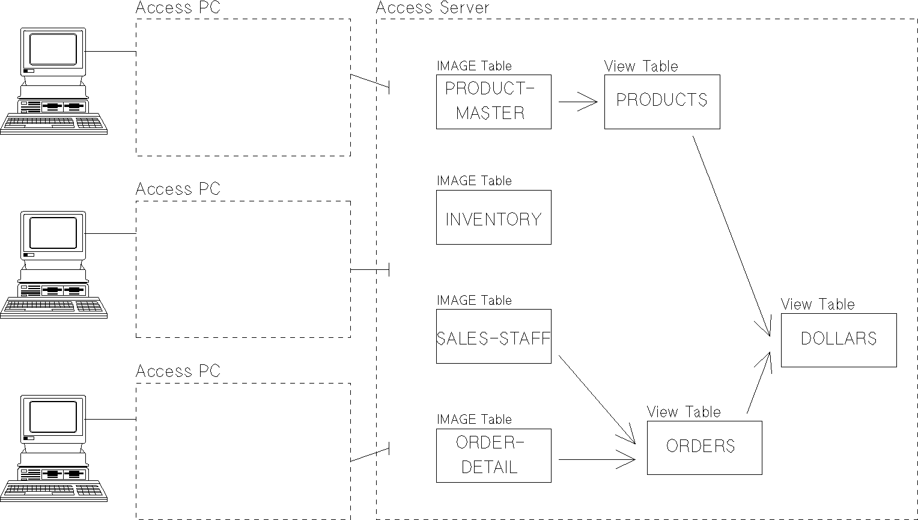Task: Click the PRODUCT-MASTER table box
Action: (493, 102)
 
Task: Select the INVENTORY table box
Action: (493, 218)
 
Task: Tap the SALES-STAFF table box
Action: (493, 337)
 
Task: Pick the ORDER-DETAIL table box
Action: (493, 455)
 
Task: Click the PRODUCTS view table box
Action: (662, 102)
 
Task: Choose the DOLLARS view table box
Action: (839, 340)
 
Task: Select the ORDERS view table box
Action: (704, 448)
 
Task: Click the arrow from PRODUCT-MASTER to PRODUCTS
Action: (577, 102)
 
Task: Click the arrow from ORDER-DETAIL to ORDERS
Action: (597, 460)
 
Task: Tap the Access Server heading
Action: (433, 8)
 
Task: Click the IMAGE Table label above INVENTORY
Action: (474, 180)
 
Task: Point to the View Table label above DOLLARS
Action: (818, 304)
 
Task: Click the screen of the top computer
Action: (53, 49)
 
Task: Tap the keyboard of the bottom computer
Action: (53, 491)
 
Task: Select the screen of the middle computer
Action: (53, 233)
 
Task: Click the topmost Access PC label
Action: (178, 8)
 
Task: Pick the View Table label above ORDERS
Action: (684, 412)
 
